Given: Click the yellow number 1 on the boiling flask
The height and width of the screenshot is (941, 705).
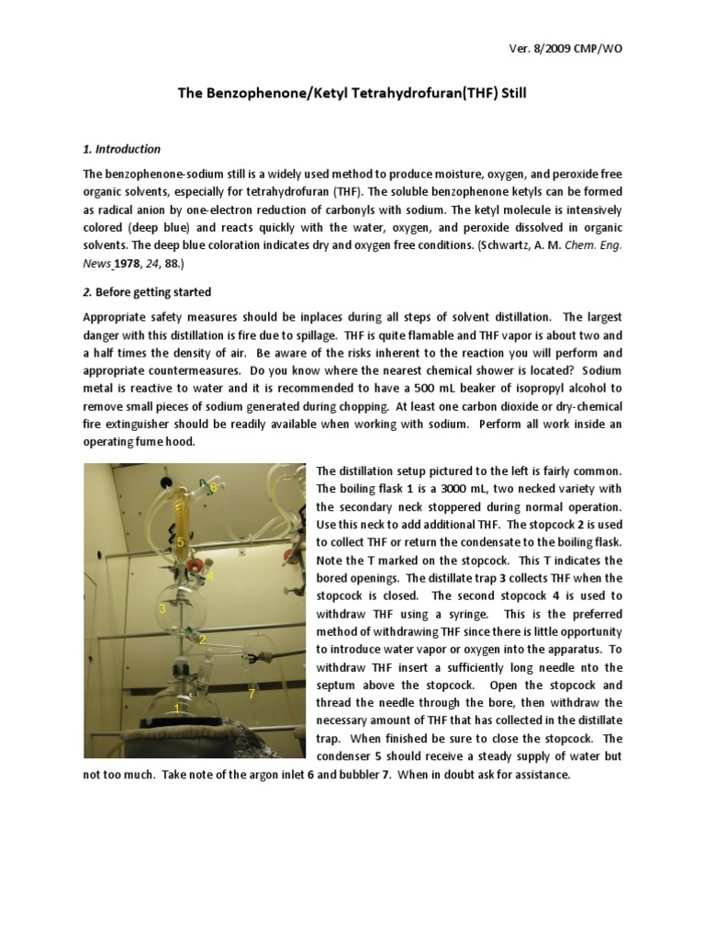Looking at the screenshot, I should click(177, 709).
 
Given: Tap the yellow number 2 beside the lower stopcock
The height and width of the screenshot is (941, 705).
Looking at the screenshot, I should click(202, 639).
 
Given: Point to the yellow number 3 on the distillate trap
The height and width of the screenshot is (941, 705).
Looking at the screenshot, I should click(162, 608).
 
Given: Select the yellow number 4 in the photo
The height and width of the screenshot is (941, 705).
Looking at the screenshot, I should click(210, 576).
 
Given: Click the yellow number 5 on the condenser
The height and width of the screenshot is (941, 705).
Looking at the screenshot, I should click(181, 543).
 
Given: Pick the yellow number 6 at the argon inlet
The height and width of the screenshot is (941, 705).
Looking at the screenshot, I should click(213, 486).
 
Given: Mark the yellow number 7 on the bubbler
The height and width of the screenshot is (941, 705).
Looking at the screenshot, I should click(251, 692).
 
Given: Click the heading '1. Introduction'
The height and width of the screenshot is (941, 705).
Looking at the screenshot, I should click(121, 149).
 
